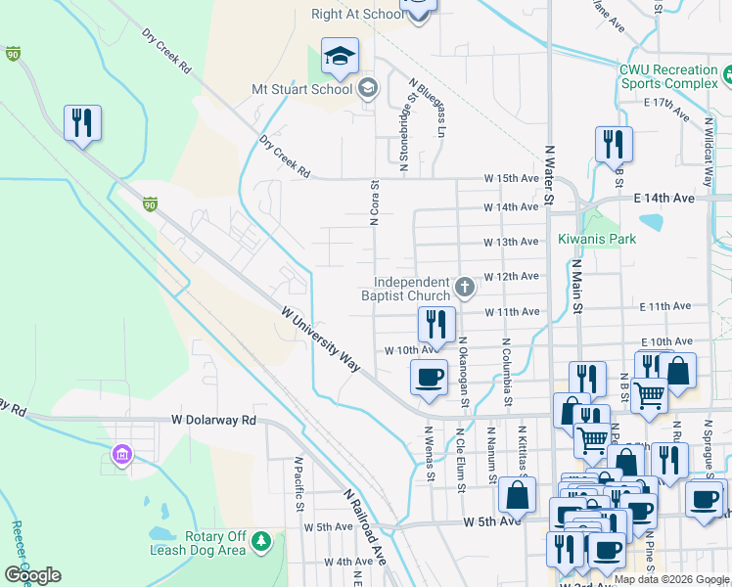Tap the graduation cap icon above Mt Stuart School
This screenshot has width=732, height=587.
[340, 57]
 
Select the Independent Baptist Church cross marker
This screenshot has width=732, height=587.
[464, 288]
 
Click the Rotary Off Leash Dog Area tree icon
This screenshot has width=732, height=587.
[260, 540]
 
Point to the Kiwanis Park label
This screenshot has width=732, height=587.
[597, 239]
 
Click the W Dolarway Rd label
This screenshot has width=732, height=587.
[213, 420]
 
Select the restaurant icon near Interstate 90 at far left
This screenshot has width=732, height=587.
[82, 122]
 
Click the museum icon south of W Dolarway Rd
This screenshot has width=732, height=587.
[122, 454]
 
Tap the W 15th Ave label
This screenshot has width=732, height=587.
[511, 179]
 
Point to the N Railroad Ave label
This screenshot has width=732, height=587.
[365, 525]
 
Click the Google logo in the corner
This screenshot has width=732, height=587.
[32, 575]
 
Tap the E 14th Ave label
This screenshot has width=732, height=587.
[663, 199]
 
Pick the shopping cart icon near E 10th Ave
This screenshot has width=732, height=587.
[650, 395]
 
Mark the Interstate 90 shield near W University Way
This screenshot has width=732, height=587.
[150, 203]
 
